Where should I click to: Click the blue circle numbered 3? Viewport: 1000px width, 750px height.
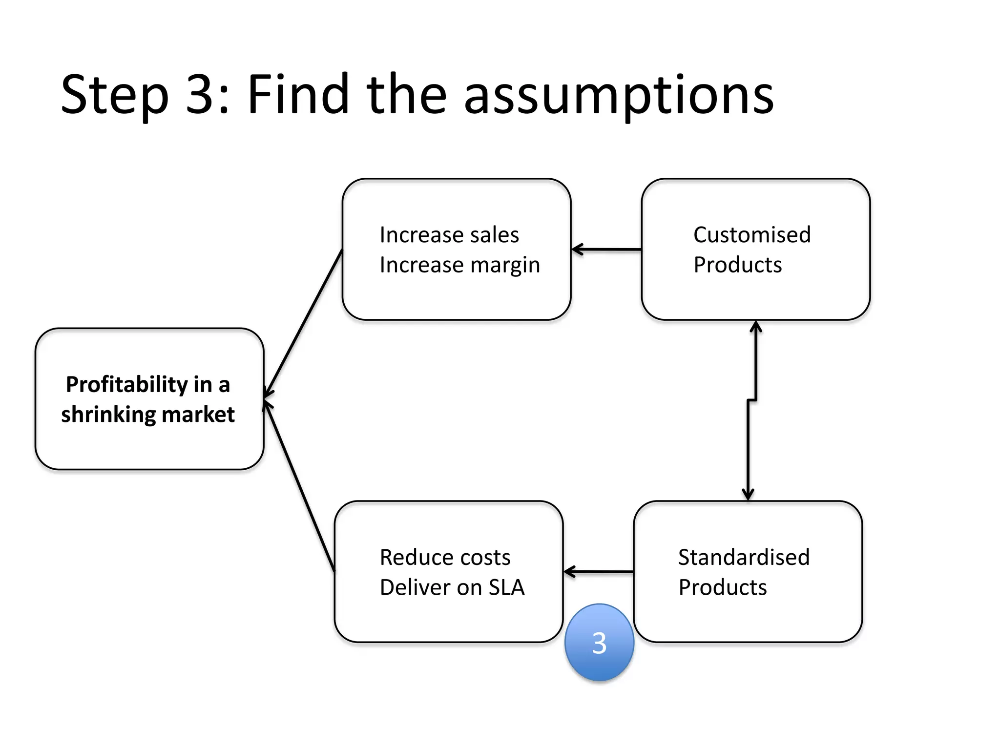pyautogui.click(x=599, y=642)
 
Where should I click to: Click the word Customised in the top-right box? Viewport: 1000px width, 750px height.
pyautogui.click(x=752, y=235)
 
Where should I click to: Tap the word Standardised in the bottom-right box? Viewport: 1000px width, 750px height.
pyautogui.click(x=744, y=557)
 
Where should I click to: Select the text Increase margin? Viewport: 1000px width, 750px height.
pyautogui.click(x=459, y=265)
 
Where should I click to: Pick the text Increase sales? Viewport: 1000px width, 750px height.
pyautogui.click(x=449, y=235)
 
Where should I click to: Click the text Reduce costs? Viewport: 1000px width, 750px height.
pyautogui.click(x=445, y=557)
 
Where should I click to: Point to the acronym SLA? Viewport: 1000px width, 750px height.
pyautogui.click(x=506, y=587)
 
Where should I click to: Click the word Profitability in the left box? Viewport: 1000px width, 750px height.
pyautogui.click(x=126, y=384)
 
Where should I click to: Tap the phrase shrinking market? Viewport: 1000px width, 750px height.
pyautogui.click(x=147, y=415)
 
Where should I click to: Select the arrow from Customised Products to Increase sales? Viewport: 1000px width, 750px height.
pyautogui.click(x=606, y=250)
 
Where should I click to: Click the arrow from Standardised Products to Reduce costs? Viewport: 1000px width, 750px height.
pyautogui.click(x=599, y=571)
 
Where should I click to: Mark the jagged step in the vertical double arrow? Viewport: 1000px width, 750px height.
pyautogui.click(x=752, y=400)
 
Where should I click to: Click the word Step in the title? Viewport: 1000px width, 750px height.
pyautogui.click(x=115, y=95)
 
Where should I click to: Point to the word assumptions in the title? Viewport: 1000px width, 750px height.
pyautogui.click(x=619, y=95)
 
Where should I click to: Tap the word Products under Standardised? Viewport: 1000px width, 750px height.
pyautogui.click(x=723, y=587)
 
